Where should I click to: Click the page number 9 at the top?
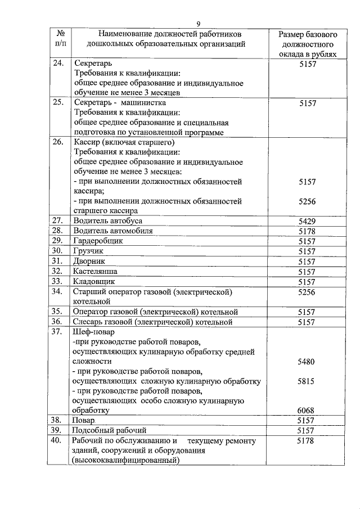tap(199, 23)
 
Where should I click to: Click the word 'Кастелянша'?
tap(95, 271)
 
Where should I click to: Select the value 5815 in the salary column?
tap(307, 381)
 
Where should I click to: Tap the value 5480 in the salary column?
tap(307, 362)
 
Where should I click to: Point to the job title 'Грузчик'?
tap(89, 251)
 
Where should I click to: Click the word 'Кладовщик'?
tap(94, 281)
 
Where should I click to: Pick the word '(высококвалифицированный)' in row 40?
tap(125, 461)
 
